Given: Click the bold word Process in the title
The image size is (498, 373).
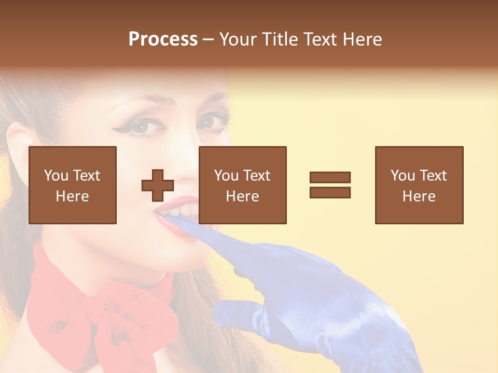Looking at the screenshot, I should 163,39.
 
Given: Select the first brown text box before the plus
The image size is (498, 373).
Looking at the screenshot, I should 73,185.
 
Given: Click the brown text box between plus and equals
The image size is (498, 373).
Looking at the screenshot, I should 242,185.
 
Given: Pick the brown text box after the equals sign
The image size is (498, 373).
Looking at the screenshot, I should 419,185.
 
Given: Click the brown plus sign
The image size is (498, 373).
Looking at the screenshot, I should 158,185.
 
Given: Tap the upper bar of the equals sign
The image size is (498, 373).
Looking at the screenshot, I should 330,177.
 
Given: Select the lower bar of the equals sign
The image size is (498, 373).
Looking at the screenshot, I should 330,193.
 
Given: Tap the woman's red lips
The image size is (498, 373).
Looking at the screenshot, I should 171,218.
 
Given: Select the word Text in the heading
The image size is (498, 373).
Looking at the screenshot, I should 318,39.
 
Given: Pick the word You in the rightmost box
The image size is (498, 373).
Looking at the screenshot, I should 403,176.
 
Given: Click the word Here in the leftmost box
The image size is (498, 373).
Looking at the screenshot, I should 73,196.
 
